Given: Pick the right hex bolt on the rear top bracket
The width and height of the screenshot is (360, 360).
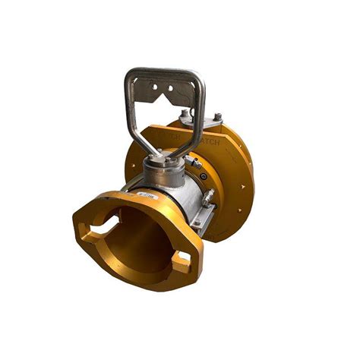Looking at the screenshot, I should tap(217, 118).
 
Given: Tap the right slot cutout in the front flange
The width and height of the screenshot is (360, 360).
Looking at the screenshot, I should tap(182, 262).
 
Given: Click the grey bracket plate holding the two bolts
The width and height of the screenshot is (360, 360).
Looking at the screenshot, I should tap(201, 124).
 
